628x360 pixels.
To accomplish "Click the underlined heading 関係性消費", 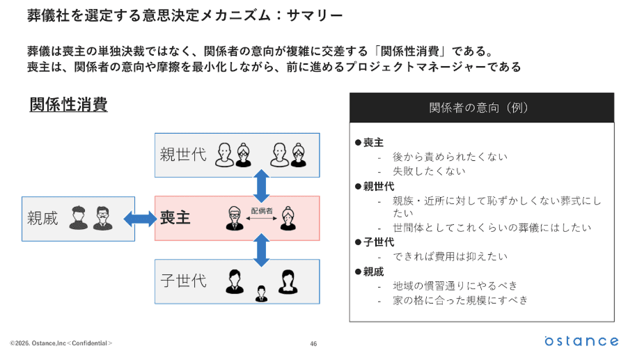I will [x=68, y=105].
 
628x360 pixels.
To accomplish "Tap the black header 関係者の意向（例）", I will [x=481, y=108].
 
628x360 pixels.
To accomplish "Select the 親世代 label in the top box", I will [x=183, y=154].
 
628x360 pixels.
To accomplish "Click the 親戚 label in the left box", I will [x=43, y=218].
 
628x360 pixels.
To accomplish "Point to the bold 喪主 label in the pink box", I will [x=175, y=218].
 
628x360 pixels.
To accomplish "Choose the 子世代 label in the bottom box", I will [x=183, y=281].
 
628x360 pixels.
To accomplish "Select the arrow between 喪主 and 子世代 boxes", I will [x=262, y=250].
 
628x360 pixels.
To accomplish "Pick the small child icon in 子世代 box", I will [x=262, y=294].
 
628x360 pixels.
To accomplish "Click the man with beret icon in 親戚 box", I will [x=78, y=218].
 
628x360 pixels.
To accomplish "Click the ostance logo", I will [x=581, y=341].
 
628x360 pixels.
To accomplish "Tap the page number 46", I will [x=313, y=343].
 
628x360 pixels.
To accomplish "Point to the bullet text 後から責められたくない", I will [x=450, y=157].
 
